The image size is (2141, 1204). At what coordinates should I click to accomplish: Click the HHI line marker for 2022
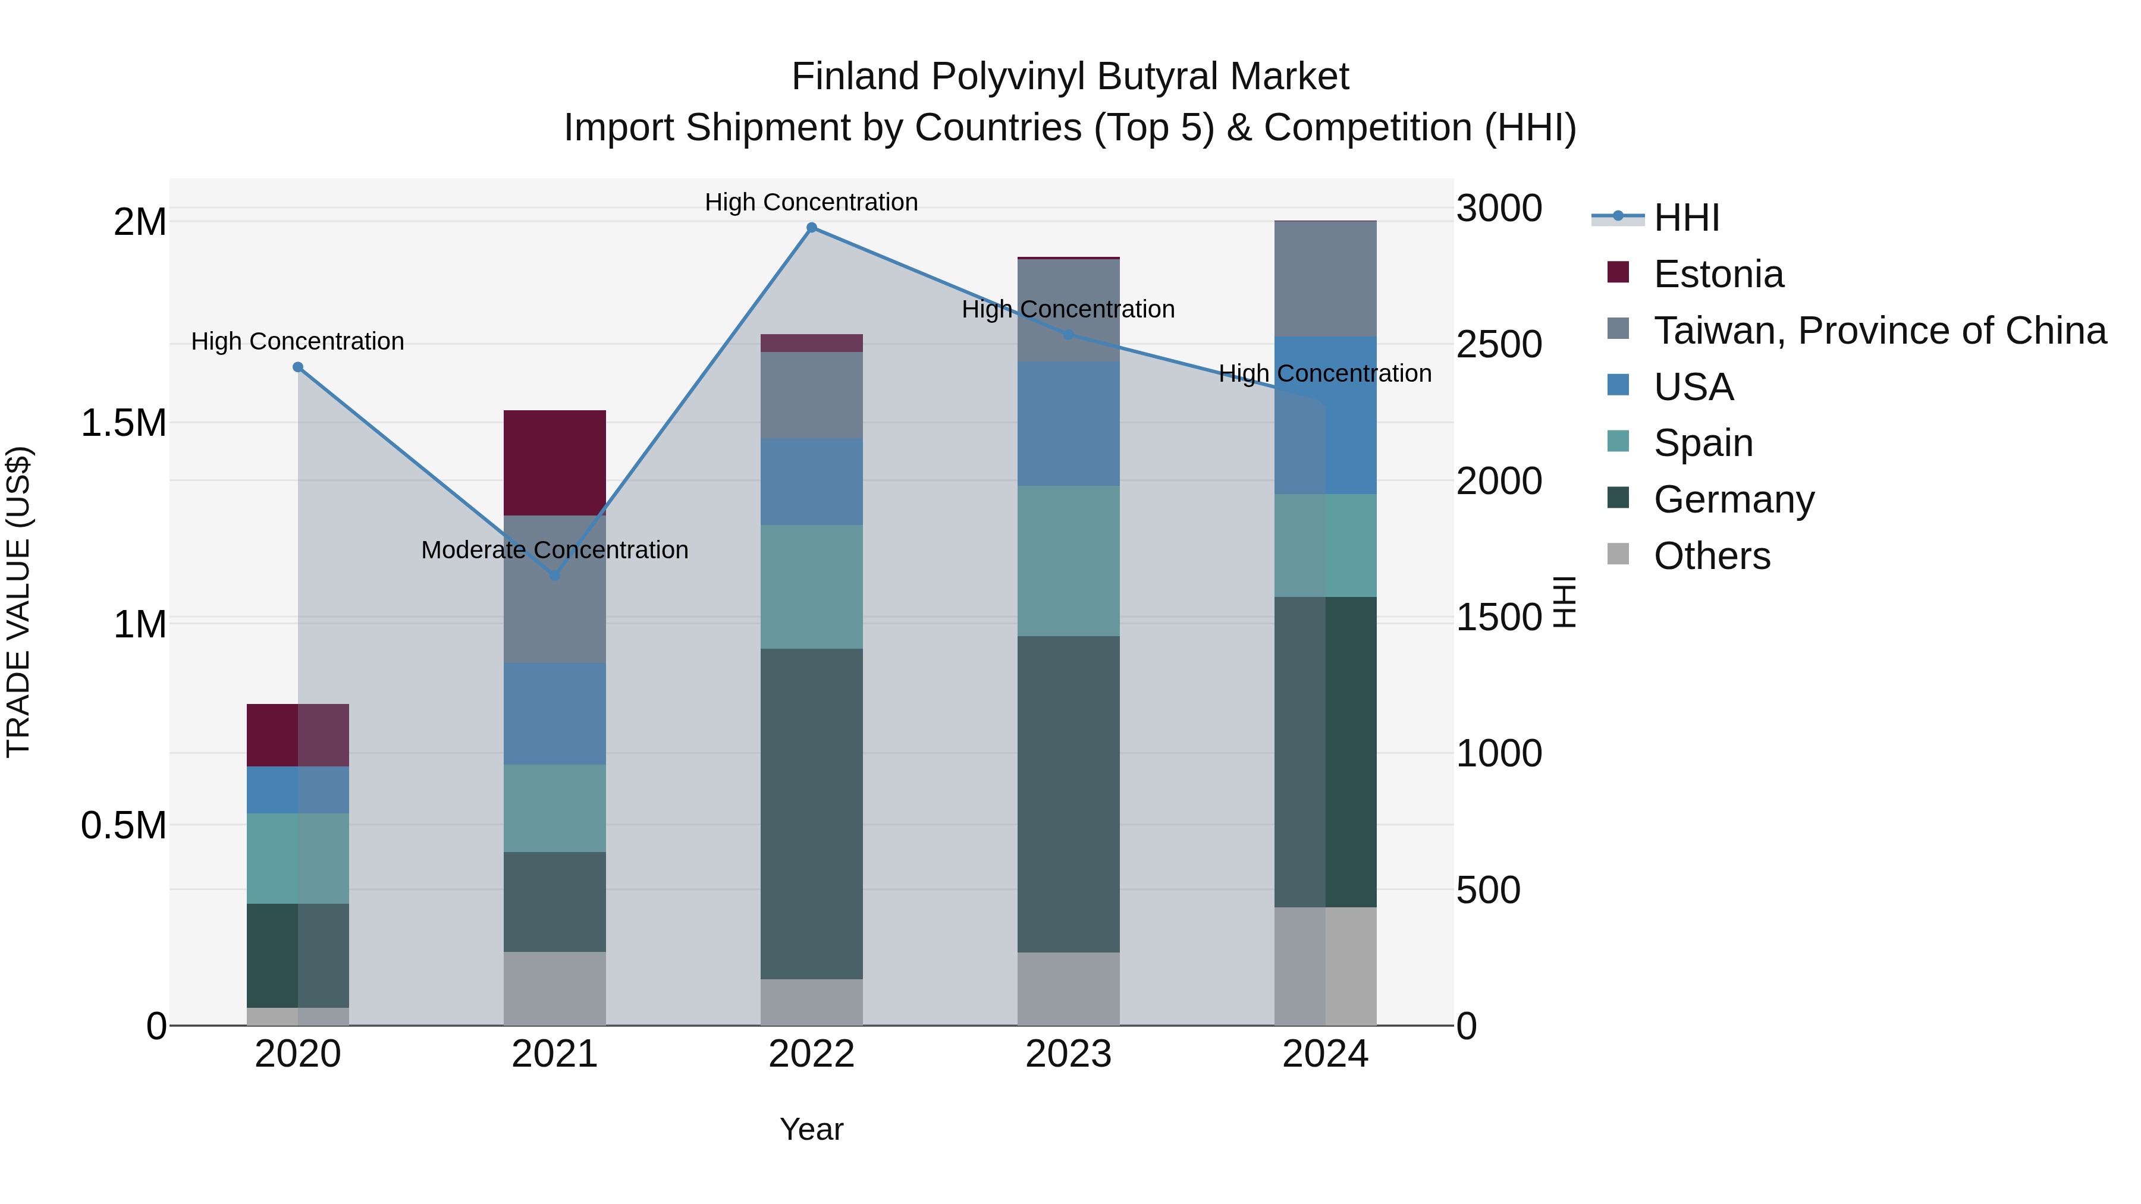coord(812,228)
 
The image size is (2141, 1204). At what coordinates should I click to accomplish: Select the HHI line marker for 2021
coord(555,575)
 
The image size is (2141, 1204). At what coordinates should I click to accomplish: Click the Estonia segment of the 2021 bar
coord(555,462)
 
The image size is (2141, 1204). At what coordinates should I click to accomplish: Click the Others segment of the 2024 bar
coord(1325,966)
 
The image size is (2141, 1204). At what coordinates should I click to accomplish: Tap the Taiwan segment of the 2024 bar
coord(1325,278)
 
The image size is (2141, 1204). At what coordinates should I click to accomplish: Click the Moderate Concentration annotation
coord(555,550)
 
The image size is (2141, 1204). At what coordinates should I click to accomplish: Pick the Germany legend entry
coord(1734,499)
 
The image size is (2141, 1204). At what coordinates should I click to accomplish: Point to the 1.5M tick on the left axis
coord(123,423)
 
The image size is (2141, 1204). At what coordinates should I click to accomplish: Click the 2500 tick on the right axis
coord(1499,344)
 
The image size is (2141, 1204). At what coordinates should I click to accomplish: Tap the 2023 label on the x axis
coord(1068,1054)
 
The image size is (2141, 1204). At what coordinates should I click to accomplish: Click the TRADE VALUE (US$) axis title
coord(18,602)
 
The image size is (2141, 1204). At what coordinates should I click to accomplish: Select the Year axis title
coord(811,1129)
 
